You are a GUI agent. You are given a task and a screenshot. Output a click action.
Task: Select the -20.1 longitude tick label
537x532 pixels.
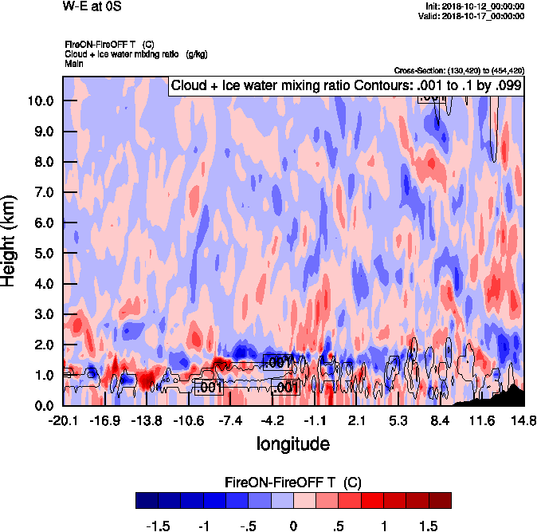[x=64, y=420]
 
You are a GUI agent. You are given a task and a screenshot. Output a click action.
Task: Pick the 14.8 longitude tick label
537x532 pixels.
[x=523, y=420]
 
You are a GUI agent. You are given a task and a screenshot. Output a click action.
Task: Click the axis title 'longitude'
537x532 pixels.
[x=292, y=443]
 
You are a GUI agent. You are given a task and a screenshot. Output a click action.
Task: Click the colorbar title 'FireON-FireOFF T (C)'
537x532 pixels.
[x=293, y=483]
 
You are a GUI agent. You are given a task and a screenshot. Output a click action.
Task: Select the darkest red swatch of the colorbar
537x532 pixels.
[x=440, y=500]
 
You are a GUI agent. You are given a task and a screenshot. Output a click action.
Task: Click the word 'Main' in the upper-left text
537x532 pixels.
[x=74, y=63]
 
